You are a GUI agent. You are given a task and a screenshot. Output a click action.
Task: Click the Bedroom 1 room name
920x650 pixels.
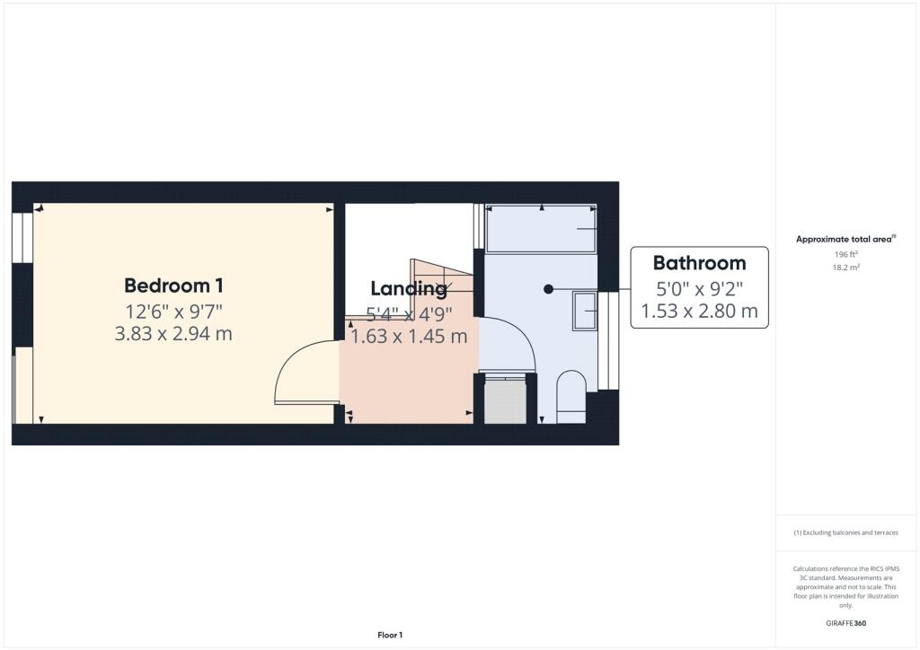point(173,285)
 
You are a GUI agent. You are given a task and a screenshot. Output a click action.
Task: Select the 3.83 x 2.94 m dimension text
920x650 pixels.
point(173,334)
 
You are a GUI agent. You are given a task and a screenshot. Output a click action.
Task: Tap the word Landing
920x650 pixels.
point(409,288)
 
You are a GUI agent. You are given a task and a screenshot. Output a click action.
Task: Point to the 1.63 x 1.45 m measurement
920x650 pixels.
point(409,337)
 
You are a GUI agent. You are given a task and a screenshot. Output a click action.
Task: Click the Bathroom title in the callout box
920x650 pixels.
point(699,263)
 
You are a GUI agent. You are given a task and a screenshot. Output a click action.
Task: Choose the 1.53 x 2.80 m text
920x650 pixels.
point(699,312)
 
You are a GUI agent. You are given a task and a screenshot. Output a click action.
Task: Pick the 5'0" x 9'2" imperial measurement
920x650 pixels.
point(699,288)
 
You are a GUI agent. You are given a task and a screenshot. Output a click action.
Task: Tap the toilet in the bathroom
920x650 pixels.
point(571,397)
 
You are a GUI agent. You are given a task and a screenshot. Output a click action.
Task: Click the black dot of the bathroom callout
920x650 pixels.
point(548,288)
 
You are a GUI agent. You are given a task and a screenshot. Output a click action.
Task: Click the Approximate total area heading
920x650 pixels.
point(845,239)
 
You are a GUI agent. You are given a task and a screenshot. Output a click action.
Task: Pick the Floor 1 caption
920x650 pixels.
point(389,635)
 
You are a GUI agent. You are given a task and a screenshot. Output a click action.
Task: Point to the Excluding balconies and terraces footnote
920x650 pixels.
point(845,532)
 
